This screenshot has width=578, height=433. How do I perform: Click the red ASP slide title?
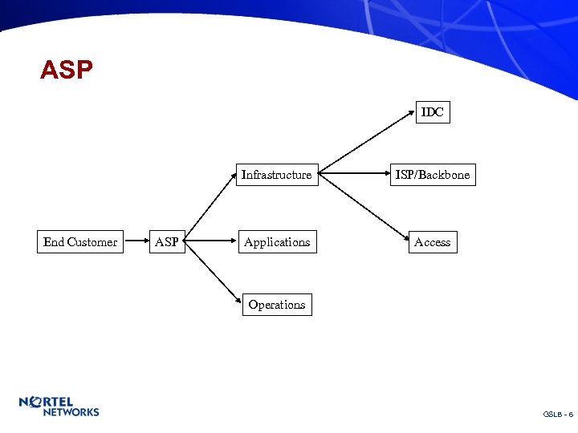point(67,71)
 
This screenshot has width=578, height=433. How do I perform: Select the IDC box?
point(433,112)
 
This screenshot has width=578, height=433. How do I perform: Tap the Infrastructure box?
point(276,175)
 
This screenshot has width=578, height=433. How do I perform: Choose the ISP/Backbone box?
point(433,175)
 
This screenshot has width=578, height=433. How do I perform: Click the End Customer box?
point(80,242)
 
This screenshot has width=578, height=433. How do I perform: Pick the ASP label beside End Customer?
point(167,242)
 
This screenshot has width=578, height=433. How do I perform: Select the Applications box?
point(277,242)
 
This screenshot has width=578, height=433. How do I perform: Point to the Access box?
point(433,242)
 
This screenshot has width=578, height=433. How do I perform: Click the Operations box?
point(277,305)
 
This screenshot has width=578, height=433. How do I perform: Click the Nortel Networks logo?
point(59,406)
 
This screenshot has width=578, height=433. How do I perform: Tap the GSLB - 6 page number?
point(557,414)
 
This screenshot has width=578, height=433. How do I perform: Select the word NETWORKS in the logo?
point(71,412)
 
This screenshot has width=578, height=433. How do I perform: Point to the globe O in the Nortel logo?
point(36,402)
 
